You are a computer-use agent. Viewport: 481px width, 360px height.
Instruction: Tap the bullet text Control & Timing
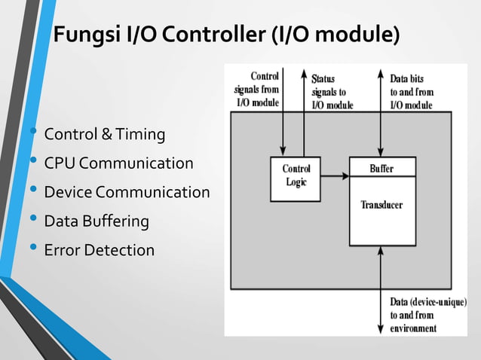pyautogui.click(x=104, y=135)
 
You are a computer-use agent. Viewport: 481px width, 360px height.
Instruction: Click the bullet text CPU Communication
pyautogui.click(x=118, y=163)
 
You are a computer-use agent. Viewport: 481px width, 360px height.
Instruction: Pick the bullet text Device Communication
pyautogui.click(x=127, y=192)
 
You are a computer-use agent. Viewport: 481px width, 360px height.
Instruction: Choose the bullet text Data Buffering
pyautogui.click(x=97, y=221)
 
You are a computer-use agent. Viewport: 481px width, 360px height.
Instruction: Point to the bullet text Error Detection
pyautogui.click(x=99, y=250)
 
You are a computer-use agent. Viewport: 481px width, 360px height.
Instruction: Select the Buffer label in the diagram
pyautogui.click(x=381, y=168)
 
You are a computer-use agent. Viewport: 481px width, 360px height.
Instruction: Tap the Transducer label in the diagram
pyautogui.click(x=381, y=205)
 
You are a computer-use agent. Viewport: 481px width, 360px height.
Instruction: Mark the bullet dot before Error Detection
pyautogui.click(x=32, y=249)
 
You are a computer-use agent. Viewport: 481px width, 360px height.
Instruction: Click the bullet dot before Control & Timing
pyautogui.click(x=32, y=133)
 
